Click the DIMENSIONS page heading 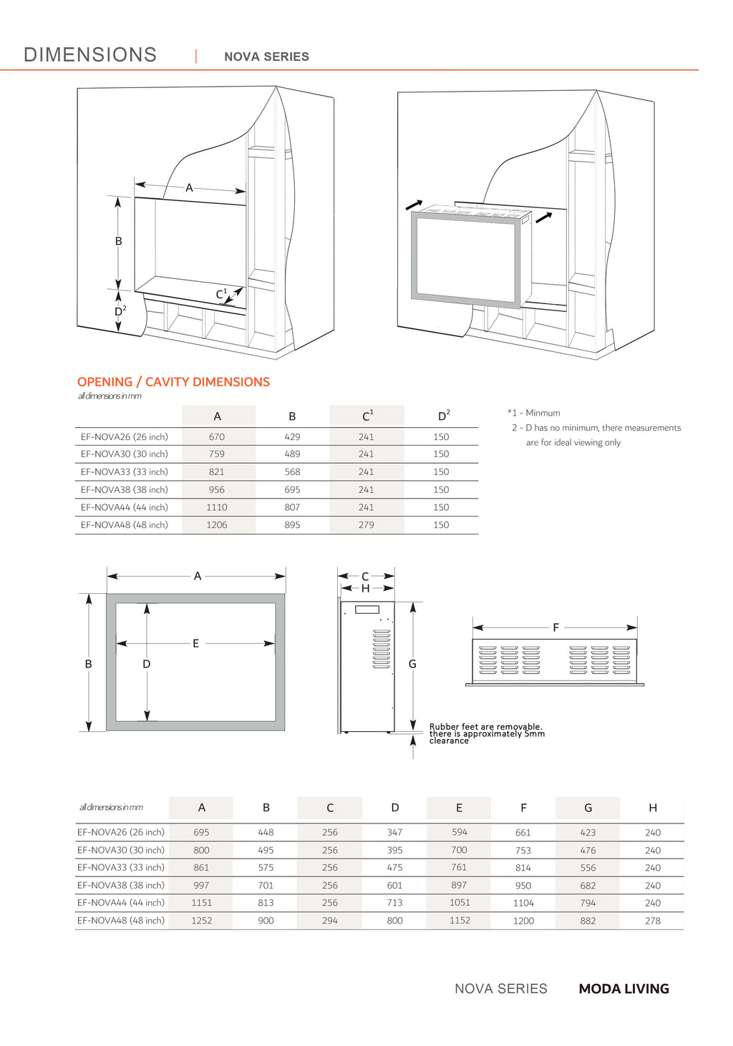pos(90,55)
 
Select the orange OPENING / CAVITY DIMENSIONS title pos(173,382)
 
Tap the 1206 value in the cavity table pos(217,525)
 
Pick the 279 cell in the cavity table pos(366,525)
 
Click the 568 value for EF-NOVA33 pos(292,472)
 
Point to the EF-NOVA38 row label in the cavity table pos(124,490)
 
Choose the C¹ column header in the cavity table pos(367,416)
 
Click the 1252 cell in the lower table pos(201,921)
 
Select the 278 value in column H pos(652,921)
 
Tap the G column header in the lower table pos(588,808)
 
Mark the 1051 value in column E pos(460,903)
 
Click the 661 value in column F pos(523,833)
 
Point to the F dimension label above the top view pos(555,627)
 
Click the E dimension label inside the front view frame pos(195,643)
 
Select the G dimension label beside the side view pos(412,664)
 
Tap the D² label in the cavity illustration pos(120,311)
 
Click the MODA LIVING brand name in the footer pos(623,989)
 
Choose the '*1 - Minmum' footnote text pos(534,413)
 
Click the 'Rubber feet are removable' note pos(486,727)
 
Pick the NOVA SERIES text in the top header pos(266,57)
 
